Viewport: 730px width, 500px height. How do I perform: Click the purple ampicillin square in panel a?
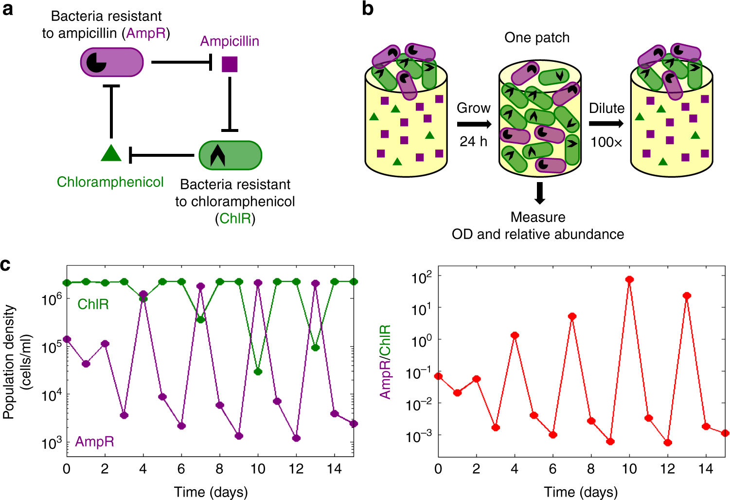click(x=230, y=64)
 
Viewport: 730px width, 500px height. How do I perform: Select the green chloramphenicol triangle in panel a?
click(x=111, y=153)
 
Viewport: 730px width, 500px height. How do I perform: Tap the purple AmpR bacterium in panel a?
click(x=112, y=62)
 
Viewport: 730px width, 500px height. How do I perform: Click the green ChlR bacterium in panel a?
click(x=231, y=155)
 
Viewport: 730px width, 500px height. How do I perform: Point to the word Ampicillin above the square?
click(x=230, y=41)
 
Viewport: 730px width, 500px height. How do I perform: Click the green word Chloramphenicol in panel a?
click(x=110, y=182)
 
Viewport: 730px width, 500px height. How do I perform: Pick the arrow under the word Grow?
click(x=474, y=124)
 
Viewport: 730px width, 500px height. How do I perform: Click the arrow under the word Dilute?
click(x=606, y=124)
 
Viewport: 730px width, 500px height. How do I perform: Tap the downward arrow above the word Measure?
click(x=539, y=193)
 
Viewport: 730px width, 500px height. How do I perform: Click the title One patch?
click(x=537, y=37)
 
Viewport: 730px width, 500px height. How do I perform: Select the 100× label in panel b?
click(x=606, y=142)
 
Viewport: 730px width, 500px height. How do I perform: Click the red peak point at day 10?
click(x=629, y=279)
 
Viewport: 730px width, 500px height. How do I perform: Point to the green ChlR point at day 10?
click(x=258, y=371)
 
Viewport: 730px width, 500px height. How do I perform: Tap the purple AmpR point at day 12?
click(x=296, y=438)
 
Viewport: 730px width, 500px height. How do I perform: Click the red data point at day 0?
click(x=439, y=376)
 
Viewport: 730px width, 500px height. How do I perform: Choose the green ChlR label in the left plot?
click(x=93, y=304)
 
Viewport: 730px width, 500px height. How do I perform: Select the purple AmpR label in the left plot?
click(x=94, y=442)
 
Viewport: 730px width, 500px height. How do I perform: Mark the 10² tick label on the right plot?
click(x=421, y=278)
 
